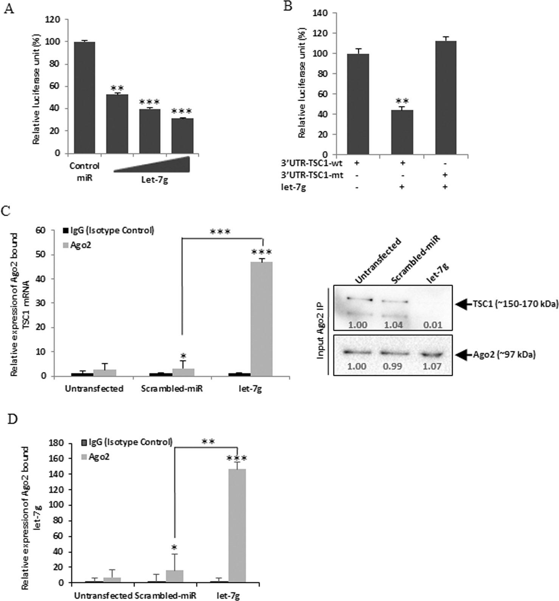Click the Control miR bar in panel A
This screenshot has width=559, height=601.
pyautogui.click(x=84, y=98)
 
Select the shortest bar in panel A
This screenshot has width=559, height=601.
pyautogui.click(x=182, y=136)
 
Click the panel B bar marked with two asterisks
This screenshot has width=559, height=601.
pyautogui.click(x=402, y=132)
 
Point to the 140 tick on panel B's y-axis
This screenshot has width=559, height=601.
pyautogui.click(x=324, y=13)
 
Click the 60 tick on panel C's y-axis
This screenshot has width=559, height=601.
pyautogui.click(x=40, y=230)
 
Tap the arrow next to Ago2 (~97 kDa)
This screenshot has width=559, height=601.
pyautogui.click(x=463, y=355)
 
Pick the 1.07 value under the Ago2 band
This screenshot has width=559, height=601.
pyautogui.click(x=433, y=366)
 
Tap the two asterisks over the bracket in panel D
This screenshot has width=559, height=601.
pyautogui.click(x=208, y=441)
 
